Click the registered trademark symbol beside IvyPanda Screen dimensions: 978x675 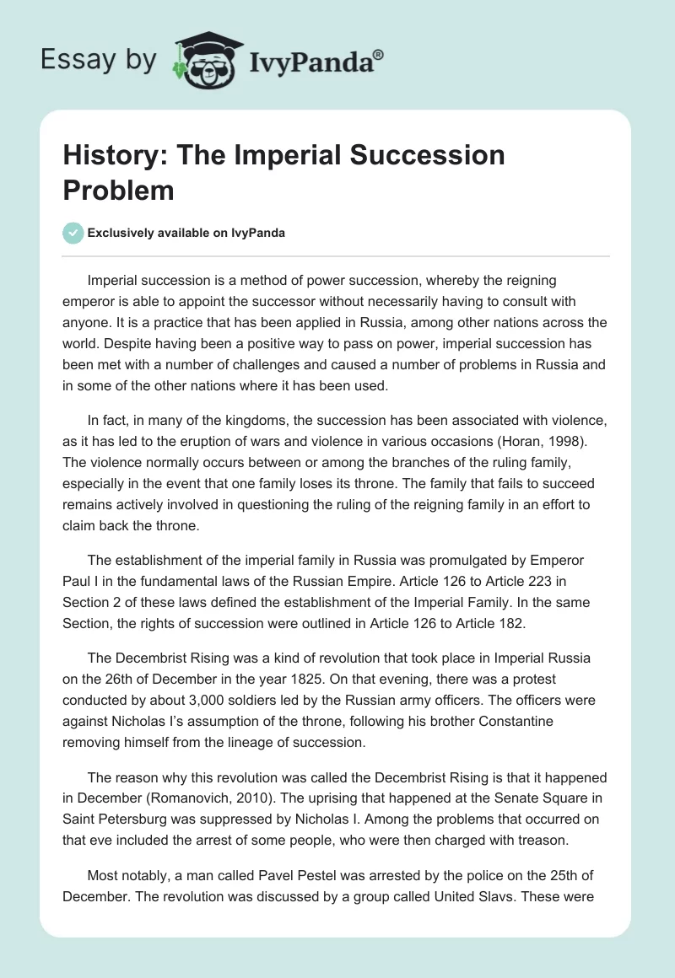379,56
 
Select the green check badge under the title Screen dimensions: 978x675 73,233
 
